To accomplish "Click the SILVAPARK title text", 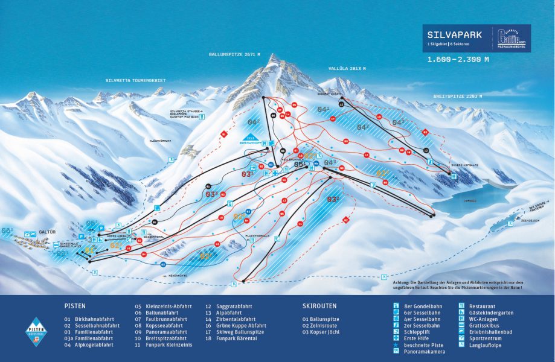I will click(454, 35).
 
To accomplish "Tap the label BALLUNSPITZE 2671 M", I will click(234, 54).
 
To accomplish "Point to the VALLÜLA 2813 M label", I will click(347, 69).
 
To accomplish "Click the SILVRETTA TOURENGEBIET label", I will click(135, 80).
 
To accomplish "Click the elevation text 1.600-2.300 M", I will click(458, 60).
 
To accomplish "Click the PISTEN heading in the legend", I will click(75, 306).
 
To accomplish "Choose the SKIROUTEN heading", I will click(319, 306).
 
